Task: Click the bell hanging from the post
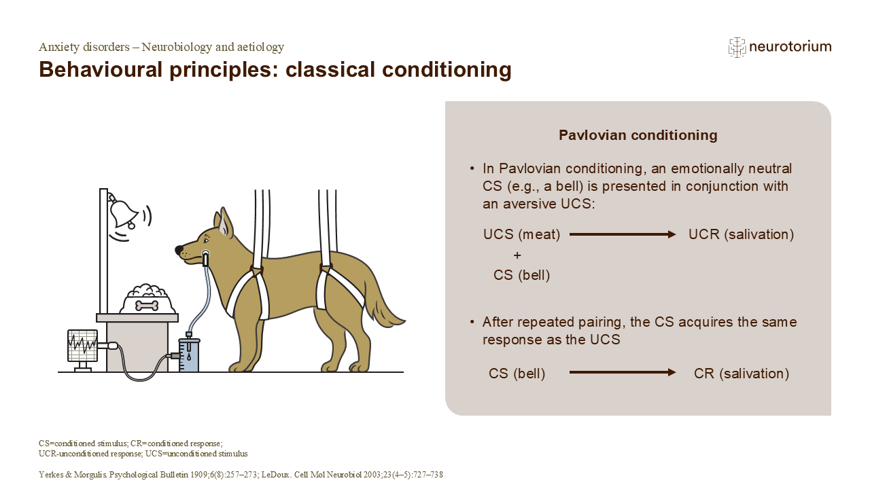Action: pyautogui.click(x=124, y=213)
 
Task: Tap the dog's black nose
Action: pyautogui.click(x=179, y=251)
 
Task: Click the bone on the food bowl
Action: pyautogui.click(x=147, y=306)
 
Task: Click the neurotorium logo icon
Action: pyautogui.click(x=737, y=47)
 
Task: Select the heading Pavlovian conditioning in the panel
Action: pyautogui.click(x=638, y=135)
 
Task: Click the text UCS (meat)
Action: pyautogui.click(x=522, y=234)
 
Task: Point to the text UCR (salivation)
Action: pyautogui.click(x=741, y=234)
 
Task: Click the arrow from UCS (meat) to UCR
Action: pyautogui.click(x=622, y=234)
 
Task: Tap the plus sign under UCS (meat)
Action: pyautogui.click(x=517, y=255)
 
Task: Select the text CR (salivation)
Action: pyautogui.click(x=741, y=374)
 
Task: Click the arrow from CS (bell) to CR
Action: pyautogui.click(x=622, y=373)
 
